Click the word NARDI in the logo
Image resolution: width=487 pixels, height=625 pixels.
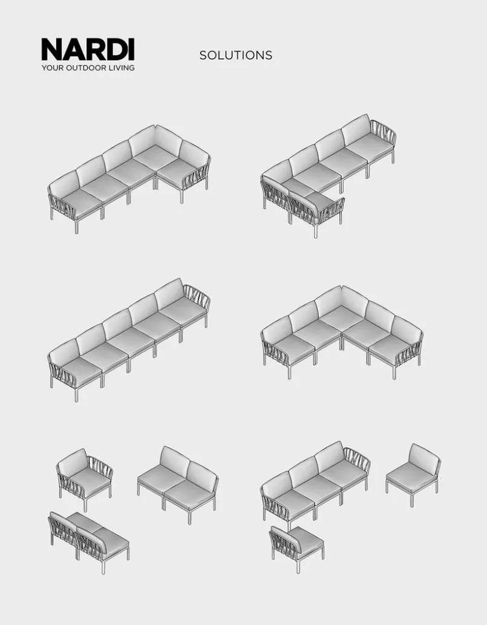(x=88, y=50)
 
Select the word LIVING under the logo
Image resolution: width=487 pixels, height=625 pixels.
(x=122, y=68)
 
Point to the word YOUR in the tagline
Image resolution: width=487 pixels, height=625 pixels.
(x=52, y=68)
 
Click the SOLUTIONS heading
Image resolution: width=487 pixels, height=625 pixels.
(x=236, y=55)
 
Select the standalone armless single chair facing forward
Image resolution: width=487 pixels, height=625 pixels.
(x=413, y=474)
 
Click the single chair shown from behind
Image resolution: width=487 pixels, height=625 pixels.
(x=296, y=548)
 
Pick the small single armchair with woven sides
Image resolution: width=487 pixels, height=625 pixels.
(x=85, y=478)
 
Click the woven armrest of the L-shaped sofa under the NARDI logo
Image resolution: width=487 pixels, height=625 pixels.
(x=195, y=177)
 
